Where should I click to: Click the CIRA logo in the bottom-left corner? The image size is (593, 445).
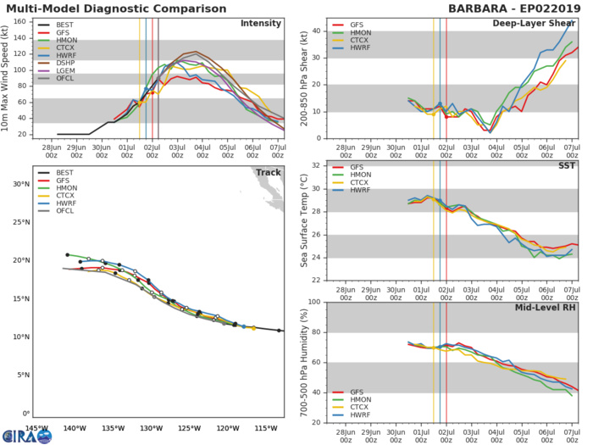tap(28, 435)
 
